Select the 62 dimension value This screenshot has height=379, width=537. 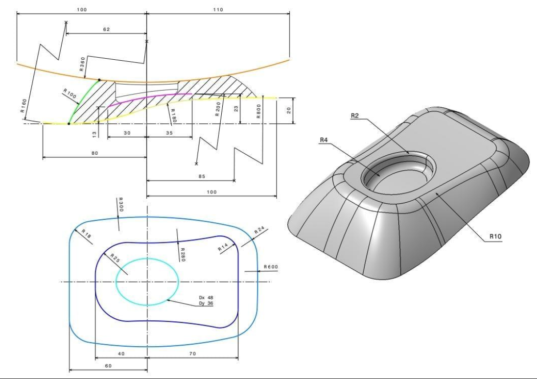tap(106, 30)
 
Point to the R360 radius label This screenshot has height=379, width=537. tap(83, 64)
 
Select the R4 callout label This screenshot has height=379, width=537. tap(324, 140)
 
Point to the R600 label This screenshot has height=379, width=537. tap(271, 267)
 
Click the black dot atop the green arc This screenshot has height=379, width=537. tap(99, 79)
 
